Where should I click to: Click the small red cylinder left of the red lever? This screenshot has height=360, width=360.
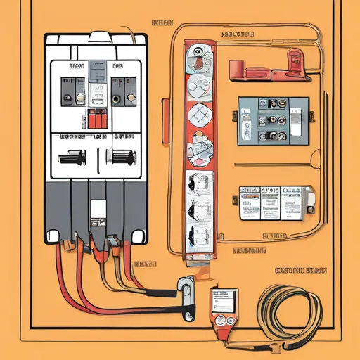coord(236,70)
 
